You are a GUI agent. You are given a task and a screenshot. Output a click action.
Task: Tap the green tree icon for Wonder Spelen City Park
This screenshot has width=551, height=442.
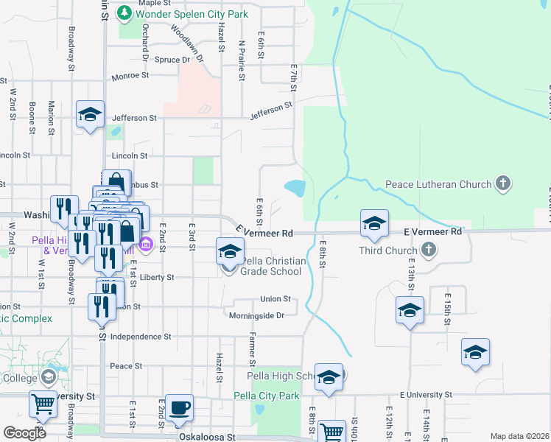pos(124,13)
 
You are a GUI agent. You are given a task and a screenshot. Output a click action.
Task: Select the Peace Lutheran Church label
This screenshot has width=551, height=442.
pos(439,183)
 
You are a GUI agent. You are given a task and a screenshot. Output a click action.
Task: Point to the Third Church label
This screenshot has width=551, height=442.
pos(387,250)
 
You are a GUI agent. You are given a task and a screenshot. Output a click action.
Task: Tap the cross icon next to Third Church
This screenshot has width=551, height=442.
pos(427,250)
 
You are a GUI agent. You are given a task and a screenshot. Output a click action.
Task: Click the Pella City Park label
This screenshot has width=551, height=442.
pos(267,396)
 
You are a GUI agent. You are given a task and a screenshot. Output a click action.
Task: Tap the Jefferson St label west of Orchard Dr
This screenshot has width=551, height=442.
pos(135,118)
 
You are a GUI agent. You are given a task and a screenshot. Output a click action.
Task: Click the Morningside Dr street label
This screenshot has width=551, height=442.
pos(256,315)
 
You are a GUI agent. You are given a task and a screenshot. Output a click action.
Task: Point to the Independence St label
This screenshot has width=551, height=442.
pos(141,336)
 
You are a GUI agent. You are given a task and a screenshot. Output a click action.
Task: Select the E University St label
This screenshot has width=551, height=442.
pos(424,396)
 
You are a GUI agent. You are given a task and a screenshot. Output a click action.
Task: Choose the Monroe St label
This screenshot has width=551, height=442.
pos(130,75)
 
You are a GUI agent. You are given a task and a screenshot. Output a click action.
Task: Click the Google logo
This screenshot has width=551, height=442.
pos(25,433)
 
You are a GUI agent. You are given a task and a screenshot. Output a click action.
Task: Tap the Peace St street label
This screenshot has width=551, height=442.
pos(125,366)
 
